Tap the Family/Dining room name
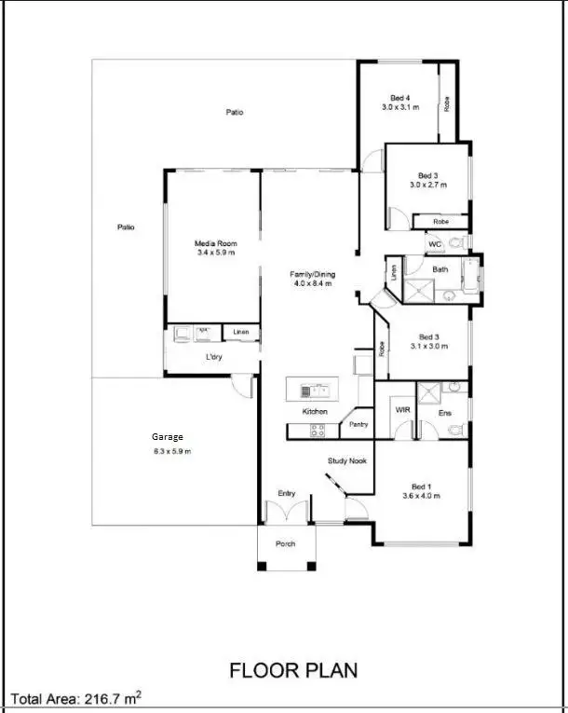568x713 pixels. pyautogui.click(x=312, y=274)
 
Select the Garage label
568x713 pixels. pyautogui.click(x=168, y=436)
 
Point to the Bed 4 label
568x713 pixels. pyautogui.click(x=400, y=98)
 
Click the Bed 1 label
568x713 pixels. pyautogui.click(x=421, y=486)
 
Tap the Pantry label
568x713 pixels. pyautogui.click(x=358, y=424)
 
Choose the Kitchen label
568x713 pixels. pyautogui.click(x=315, y=411)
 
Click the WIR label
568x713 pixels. pyautogui.click(x=402, y=409)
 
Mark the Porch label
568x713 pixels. pyautogui.click(x=285, y=543)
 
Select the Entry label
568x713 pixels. pyautogui.click(x=287, y=493)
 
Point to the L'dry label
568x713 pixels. pyautogui.click(x=213, y=357)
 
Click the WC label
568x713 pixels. pyautogui.click(x=434, y=244)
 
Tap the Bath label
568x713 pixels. pyautogui.click(x=440, y=269)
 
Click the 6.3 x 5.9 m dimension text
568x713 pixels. pyautogui.click(x=171, y=451)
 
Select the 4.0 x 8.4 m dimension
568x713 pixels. pyautogui.click(x=312, y=284)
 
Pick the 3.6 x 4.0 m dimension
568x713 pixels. pyautogui.click(x=421, y=496)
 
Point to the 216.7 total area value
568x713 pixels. pyautogui.click(x=107, y=697)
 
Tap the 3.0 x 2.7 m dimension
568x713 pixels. pyautogui.click(x=428, y=185)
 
